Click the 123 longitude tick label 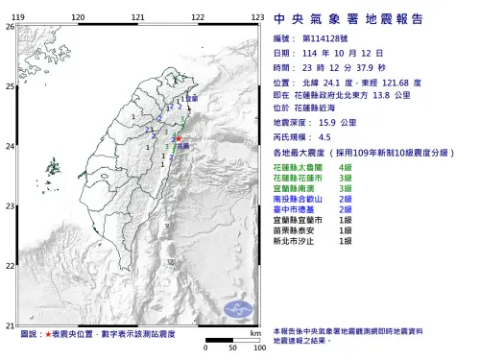point(257,17)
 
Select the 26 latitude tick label point(10,26)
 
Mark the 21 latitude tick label point(10,326)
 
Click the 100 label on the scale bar point(258,348)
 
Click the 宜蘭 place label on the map point(192,99)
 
